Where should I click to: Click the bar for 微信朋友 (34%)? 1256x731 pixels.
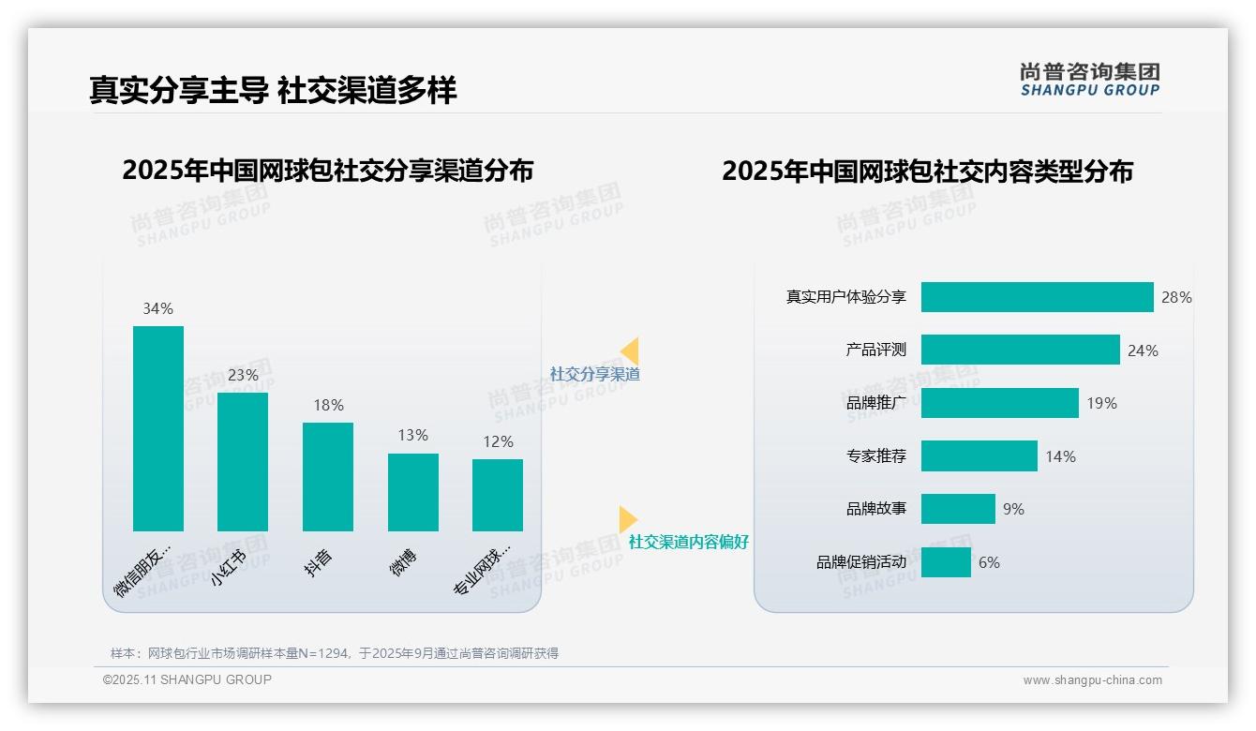pos(158,428)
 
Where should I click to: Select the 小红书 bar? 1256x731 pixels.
pos(243,462)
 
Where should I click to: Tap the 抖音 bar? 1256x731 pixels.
pos(328,477)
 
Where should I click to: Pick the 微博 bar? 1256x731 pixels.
pos(413,492)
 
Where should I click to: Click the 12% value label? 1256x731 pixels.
pos(499,441)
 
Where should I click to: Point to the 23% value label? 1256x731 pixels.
pos(243,375)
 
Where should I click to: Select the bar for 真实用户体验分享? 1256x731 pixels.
pos(1037,297)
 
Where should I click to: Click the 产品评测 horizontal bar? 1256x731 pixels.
pos(1020,350)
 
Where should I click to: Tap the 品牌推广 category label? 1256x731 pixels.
pos(875,403)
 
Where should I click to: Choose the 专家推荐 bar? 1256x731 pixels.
pos(979,456)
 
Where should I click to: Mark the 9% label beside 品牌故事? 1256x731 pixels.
pos(1013,509)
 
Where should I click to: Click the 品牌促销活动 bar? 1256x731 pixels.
pos(946,562)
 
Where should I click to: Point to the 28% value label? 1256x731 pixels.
pos(1176,297)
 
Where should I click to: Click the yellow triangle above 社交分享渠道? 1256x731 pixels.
pos(630,351)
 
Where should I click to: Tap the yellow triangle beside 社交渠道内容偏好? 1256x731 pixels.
pos(627,519)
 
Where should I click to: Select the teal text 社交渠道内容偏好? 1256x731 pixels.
pos(688,542)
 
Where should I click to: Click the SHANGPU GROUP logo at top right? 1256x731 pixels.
pos(1089,80)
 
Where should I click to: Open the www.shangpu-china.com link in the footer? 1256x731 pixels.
pos(1092,680)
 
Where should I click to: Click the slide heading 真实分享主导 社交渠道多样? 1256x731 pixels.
pos(273,90)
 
